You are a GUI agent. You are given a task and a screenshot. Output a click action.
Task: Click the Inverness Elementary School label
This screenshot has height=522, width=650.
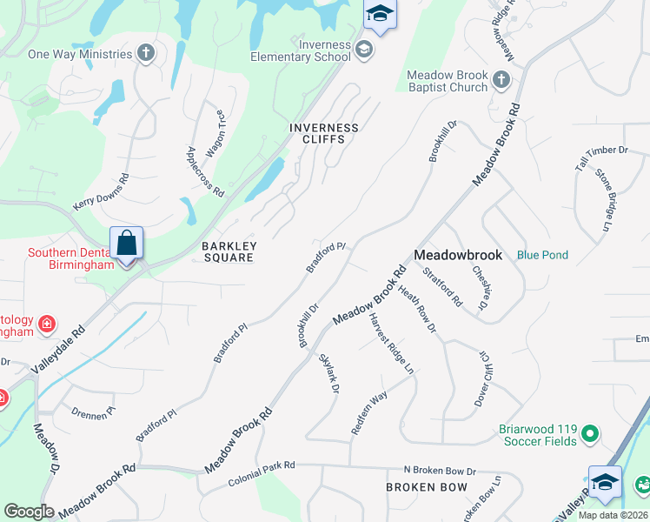(324, 50)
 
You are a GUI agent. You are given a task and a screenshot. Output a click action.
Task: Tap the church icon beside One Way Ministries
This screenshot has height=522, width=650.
(146, 54)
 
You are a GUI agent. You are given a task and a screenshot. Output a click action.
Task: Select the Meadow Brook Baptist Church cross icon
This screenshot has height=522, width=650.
(501, 81)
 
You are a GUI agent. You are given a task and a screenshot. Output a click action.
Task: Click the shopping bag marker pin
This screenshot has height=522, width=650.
(126, 244)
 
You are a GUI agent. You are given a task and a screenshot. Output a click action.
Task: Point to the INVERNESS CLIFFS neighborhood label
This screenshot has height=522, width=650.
(324, 133)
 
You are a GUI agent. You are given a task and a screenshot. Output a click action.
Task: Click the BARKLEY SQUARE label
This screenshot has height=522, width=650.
(228, 251)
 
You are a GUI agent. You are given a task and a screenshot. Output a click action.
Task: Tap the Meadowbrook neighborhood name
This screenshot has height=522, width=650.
(458, 255)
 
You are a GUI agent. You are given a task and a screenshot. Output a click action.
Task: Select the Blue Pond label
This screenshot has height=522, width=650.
(542, 255)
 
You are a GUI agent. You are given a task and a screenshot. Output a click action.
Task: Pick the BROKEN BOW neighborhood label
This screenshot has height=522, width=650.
(427, 487)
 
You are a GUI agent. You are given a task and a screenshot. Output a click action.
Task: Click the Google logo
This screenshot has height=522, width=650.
(29, 512)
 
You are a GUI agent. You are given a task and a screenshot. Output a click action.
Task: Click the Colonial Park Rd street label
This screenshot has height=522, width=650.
(262, 474)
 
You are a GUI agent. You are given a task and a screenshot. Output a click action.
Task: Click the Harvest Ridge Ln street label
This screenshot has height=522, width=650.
(391, 345)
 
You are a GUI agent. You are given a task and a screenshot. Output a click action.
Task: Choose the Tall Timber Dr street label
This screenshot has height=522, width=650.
(600, 151)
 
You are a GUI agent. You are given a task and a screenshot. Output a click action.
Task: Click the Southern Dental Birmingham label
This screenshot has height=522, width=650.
(59, 259)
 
